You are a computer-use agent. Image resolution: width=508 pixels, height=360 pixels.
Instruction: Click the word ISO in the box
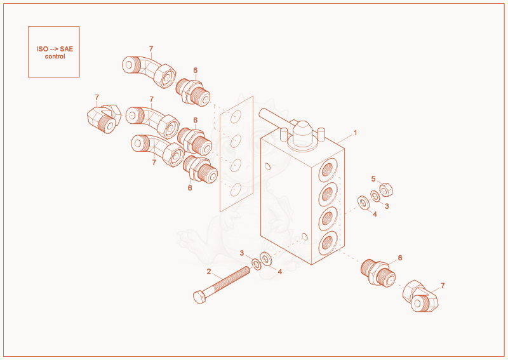pyautogui.click(x=42, y=49)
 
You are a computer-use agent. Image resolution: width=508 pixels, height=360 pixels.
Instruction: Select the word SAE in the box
pyautogui.click(x=67, y=49)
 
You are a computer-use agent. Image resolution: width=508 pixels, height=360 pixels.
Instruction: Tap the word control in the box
pyautogui.click(x=55, y=57)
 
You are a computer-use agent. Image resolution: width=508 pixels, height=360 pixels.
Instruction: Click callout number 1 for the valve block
pyautogui.click(x=355, y=133)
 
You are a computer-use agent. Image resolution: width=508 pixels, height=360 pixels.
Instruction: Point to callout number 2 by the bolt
pyautogui.click(x=209, y=271)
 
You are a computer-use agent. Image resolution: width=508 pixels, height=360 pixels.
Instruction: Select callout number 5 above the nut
pyautogui.click(x=373, y=179)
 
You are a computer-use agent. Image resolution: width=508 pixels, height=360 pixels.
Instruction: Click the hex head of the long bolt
pyautogui.click(x=199, y=297)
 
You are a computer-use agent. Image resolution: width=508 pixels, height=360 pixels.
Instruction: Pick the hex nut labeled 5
pyautogui.click(x=386, y=190)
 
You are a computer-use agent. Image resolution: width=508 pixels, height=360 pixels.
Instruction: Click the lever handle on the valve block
pyautogui.click(x=275, y=118)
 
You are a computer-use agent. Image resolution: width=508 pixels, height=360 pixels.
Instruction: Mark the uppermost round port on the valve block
pyautogui.click(x=328, y=170)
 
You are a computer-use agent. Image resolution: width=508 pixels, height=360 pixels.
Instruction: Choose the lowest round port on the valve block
pyautogui.click(x=328, y=243)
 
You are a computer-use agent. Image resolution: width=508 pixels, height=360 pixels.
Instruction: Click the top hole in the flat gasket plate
pyautogui.click(x=236, y=117)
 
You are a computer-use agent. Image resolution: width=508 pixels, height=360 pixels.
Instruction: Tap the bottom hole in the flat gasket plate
pyautogui.click(x=236, y=190)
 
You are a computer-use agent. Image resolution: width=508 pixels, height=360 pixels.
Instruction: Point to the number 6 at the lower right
pyautogui.click(x=400, y=258)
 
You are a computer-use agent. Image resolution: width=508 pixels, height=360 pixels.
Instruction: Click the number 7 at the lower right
pyautogui.click(x=443, y=286)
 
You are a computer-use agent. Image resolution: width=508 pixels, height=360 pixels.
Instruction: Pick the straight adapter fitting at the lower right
pyautogui.click(x=378, y=272)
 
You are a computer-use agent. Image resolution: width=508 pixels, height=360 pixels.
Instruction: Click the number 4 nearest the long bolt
pyautogui.click(x=280, y=272)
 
